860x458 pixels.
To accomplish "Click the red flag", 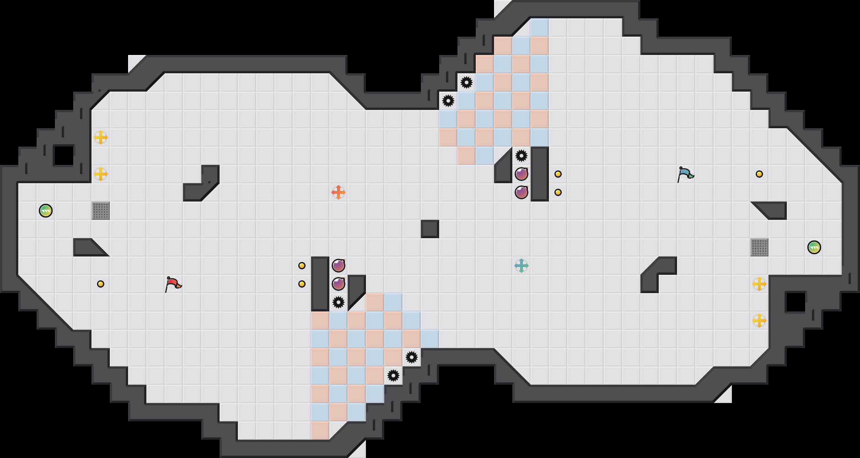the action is point(173,284).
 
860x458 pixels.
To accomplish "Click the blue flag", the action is point(685,174).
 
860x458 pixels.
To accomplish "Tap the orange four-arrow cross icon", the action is point(339,192).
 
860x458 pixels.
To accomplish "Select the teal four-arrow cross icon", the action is point(521,266).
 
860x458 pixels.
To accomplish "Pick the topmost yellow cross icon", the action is point(101,137).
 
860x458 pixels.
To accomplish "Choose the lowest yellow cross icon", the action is point(759,321).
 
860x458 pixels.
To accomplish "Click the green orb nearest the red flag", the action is point(46,211).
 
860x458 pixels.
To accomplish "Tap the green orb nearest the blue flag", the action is point(814,247).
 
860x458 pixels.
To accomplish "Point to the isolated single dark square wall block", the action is point(430,229).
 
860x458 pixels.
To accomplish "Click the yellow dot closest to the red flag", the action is point(101,284).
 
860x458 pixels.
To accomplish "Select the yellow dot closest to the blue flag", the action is point(759,174).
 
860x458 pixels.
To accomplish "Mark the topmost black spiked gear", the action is point(467,82).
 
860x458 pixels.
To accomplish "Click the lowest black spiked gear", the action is point(393,376).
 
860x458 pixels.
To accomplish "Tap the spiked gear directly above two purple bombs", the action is point(521,156).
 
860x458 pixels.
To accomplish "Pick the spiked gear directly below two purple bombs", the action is point(339,302).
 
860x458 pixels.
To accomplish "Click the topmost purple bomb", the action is point(521,174).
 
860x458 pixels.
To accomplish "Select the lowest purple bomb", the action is point(339,284).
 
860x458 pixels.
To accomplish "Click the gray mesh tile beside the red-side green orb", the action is point(101,211).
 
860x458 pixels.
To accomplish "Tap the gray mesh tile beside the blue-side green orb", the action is point(759,247).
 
